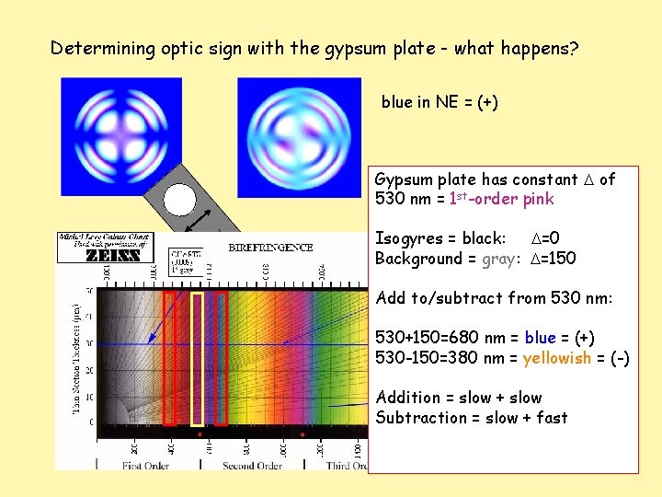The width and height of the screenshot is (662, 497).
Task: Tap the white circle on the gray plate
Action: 180,201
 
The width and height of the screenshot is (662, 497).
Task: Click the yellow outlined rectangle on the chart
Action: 197,359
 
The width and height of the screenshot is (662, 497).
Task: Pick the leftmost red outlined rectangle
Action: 169,359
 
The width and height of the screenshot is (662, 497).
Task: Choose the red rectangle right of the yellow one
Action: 221,359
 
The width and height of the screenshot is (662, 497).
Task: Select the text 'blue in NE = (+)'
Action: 439,102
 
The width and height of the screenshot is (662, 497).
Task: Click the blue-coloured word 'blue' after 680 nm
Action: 541,338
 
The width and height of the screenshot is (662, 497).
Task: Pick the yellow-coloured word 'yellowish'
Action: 557,358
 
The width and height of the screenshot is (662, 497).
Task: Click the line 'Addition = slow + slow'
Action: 458,398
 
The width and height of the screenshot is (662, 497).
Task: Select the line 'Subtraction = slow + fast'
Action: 471,418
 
